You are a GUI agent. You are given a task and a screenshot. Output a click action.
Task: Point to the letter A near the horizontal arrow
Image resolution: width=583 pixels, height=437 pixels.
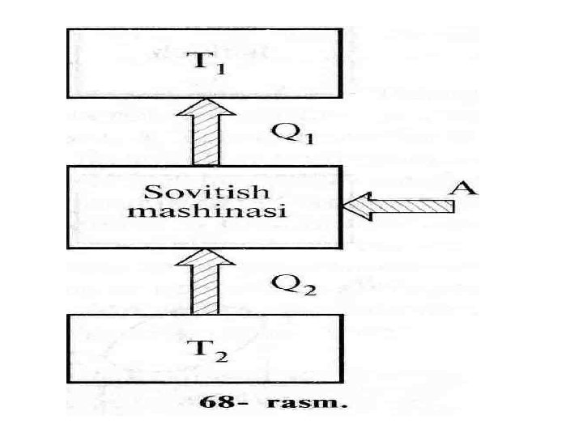pos(462,188)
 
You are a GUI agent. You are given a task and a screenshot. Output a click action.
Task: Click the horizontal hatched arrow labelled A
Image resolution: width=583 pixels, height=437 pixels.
pos(397,207)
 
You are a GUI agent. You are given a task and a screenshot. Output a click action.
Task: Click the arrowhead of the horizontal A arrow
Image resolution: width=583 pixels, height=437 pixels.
pos(355,207)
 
